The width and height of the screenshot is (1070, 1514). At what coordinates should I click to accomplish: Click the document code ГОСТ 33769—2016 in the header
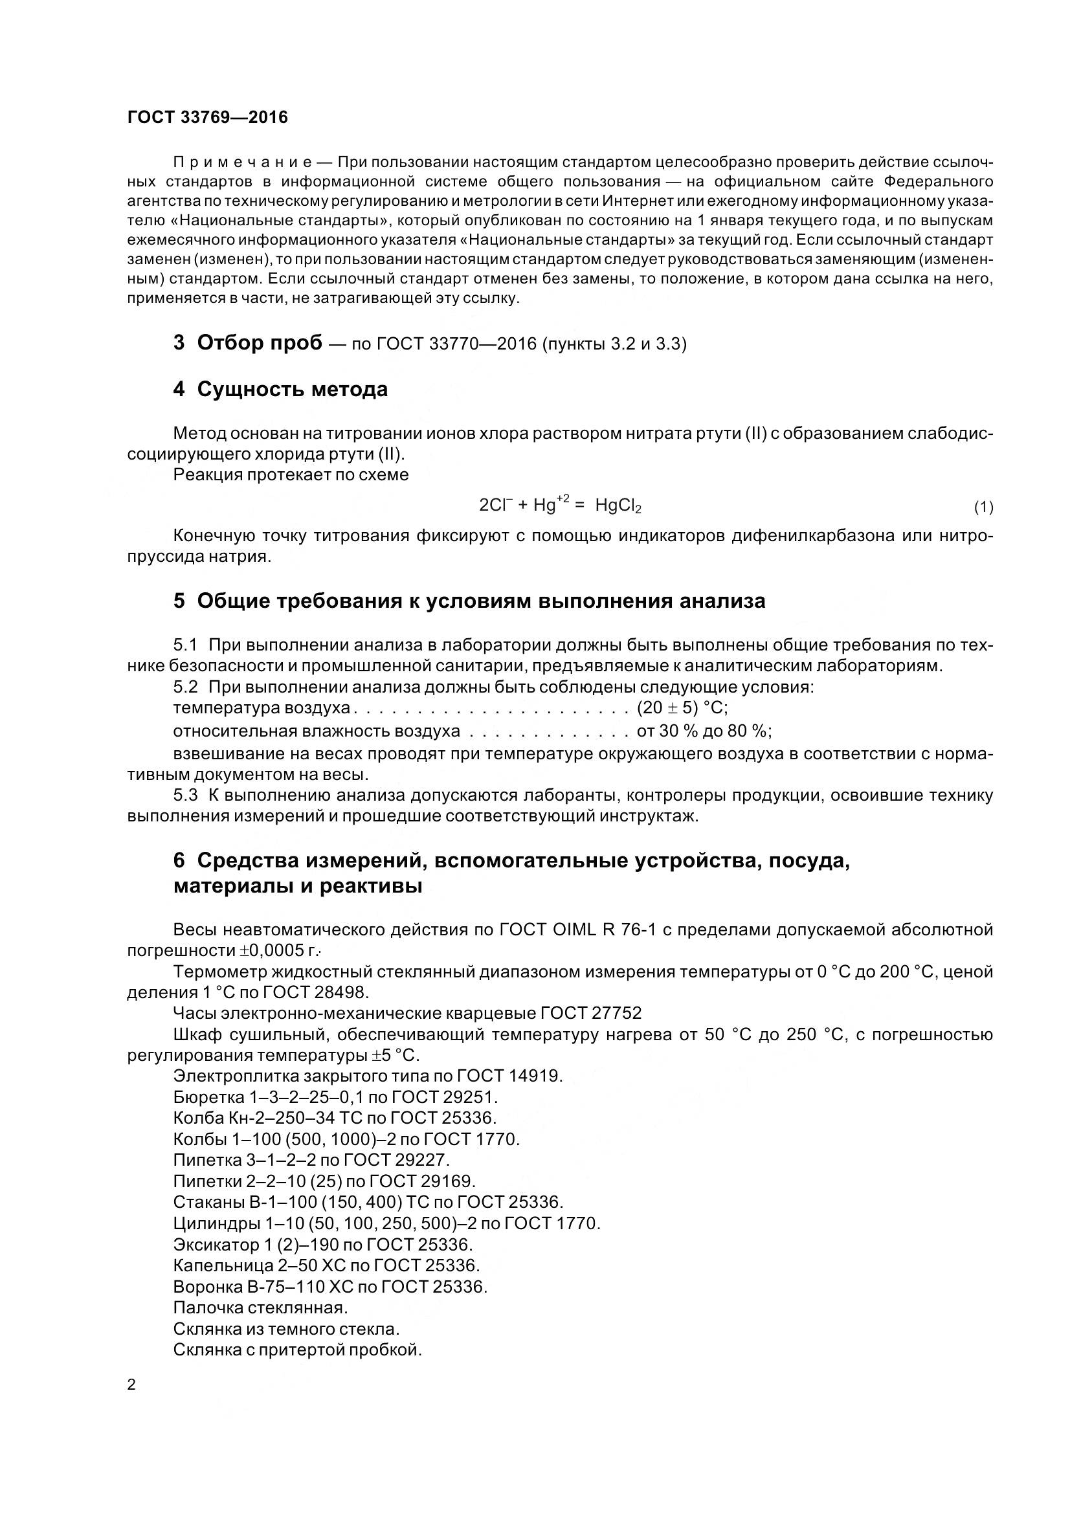(208, 117)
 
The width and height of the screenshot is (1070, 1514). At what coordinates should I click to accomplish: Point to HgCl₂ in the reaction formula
(618, 506)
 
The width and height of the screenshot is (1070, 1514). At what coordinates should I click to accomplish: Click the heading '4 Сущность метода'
(281, 389)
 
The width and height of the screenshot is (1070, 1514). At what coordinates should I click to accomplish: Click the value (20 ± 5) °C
(682, 708)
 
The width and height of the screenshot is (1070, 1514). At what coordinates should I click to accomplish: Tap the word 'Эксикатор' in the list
(217, 1244)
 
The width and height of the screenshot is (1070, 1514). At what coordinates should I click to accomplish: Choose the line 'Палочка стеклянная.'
(260, 1307)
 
